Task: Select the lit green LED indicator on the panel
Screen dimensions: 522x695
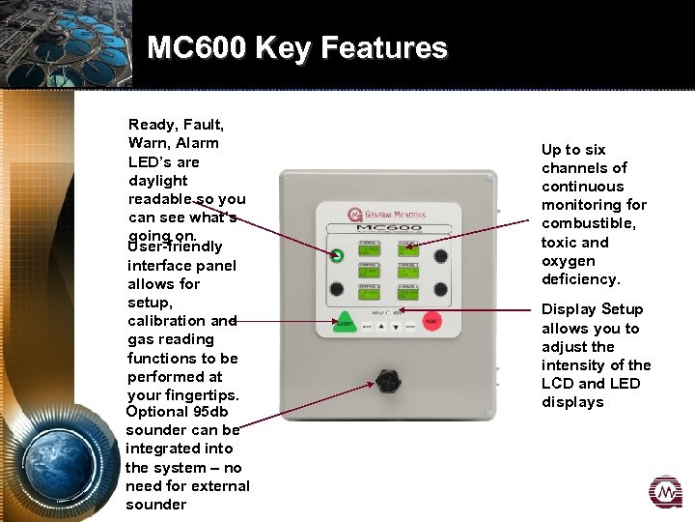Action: (x=337, y=256)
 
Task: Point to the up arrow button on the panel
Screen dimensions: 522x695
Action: (x=383, y=327)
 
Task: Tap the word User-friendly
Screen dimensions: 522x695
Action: (x=175, y=247)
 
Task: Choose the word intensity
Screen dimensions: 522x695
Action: (x=572, y=365)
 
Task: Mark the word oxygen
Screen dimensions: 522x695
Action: (x=569, y=261)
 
